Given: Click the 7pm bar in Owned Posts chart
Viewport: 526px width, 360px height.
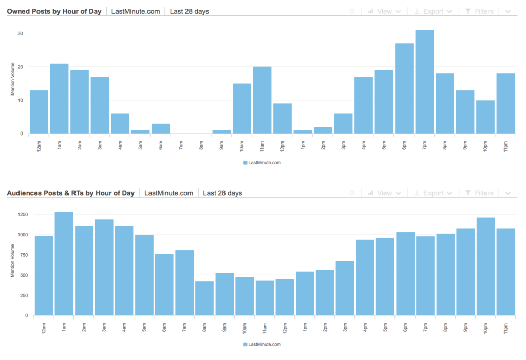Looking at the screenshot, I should pyautogui.click(x=425, y=82).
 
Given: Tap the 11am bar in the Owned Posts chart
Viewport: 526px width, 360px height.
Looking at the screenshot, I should pyautogui.click(x=262, y=100).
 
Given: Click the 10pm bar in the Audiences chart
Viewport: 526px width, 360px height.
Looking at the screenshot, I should pyautogui.click(x=485, y=267).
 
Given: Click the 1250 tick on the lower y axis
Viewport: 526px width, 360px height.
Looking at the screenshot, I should pyautogui.click(x=23, y=215).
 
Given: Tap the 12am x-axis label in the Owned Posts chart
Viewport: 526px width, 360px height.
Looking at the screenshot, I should pyautogui.click(x=39, y=145).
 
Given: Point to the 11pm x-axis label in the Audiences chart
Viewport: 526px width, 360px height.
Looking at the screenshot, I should pyautogui.click(x=505, y=327).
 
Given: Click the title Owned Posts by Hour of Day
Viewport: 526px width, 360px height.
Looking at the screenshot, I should pyautogui.click(x=54, y=11).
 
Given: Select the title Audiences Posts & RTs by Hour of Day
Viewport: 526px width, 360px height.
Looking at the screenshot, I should pyautogui.click(x=71, y=193).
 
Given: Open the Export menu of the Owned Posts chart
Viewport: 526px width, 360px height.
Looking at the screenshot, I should pyautogui.click(x=433, y=11).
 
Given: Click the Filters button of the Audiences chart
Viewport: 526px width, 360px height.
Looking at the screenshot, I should pyautogui.click(x=479, y=193).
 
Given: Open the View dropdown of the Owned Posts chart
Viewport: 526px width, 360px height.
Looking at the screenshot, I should pyautogui.click(x=384, y=11).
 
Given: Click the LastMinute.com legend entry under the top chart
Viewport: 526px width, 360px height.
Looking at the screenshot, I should pyautogui.click(x=262, y=163).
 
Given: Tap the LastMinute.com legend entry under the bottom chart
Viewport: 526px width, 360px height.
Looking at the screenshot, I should pyautogui.click(x=262, y=344).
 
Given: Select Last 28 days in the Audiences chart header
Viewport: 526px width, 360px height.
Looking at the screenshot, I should pyautogui.click(x=222, y=193).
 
